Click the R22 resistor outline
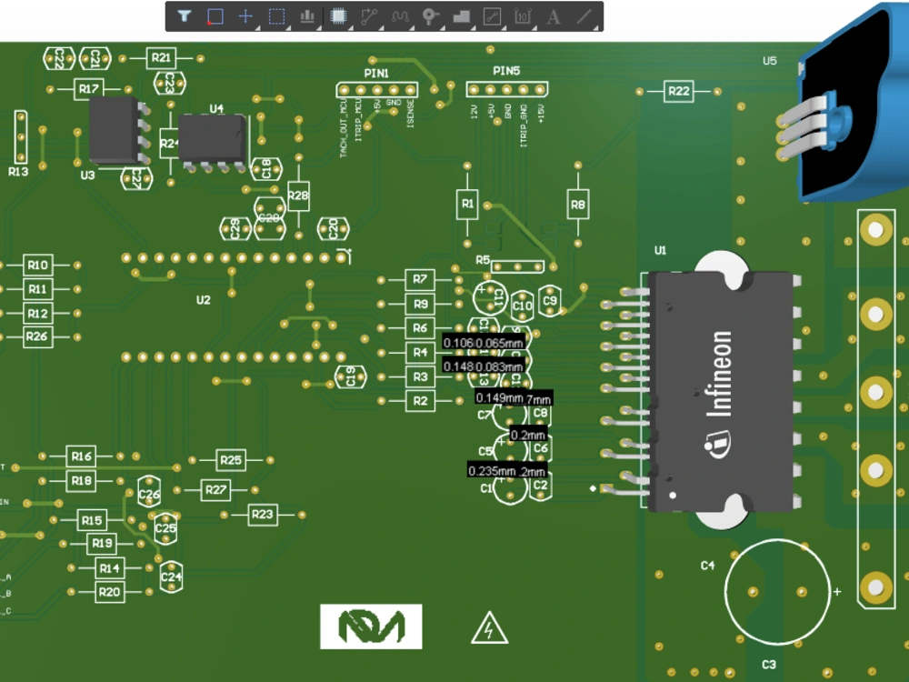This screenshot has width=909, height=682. (x=678, y=91)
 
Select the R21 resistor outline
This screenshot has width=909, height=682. (x=161, y=57)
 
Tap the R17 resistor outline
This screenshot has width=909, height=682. (x=88, y=88)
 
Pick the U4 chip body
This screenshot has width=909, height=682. (x=213, y=139)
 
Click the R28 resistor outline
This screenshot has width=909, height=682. (x=298, y=195)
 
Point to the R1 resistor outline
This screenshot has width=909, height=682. (x=467, y=205)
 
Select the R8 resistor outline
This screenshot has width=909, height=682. (x=577, y=205)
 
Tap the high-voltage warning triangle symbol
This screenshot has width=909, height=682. (x=489, y=628)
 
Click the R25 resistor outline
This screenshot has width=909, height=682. (x=232, y=460)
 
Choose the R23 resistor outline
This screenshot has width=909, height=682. (x=262, y=515)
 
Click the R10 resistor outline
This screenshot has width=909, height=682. (x=37, y=265)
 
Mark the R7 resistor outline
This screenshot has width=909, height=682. (x=419, y=278)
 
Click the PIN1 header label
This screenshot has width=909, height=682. (x=376, y=72)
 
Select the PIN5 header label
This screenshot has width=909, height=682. (x=506, y=71)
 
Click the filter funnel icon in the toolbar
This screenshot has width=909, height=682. (x=185, y=15)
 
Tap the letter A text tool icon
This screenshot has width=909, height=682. (x=553, y=15)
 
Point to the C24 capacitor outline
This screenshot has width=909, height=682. (x=171, y=576)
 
